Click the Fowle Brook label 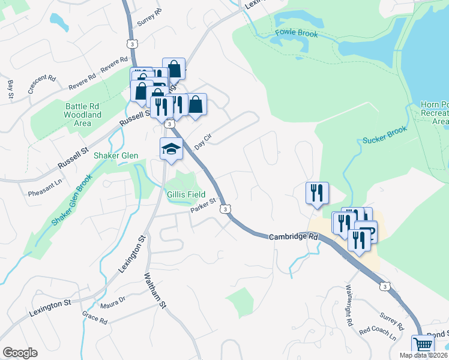tap(296, 33)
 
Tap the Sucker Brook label tap(385, 135)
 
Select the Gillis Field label tap(186, 194)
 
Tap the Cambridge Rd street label tap(293, 236)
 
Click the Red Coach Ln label tap(377, 333)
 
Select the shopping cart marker tap(423, 345)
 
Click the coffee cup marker tap(366, 230)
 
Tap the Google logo tap(20, 353)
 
